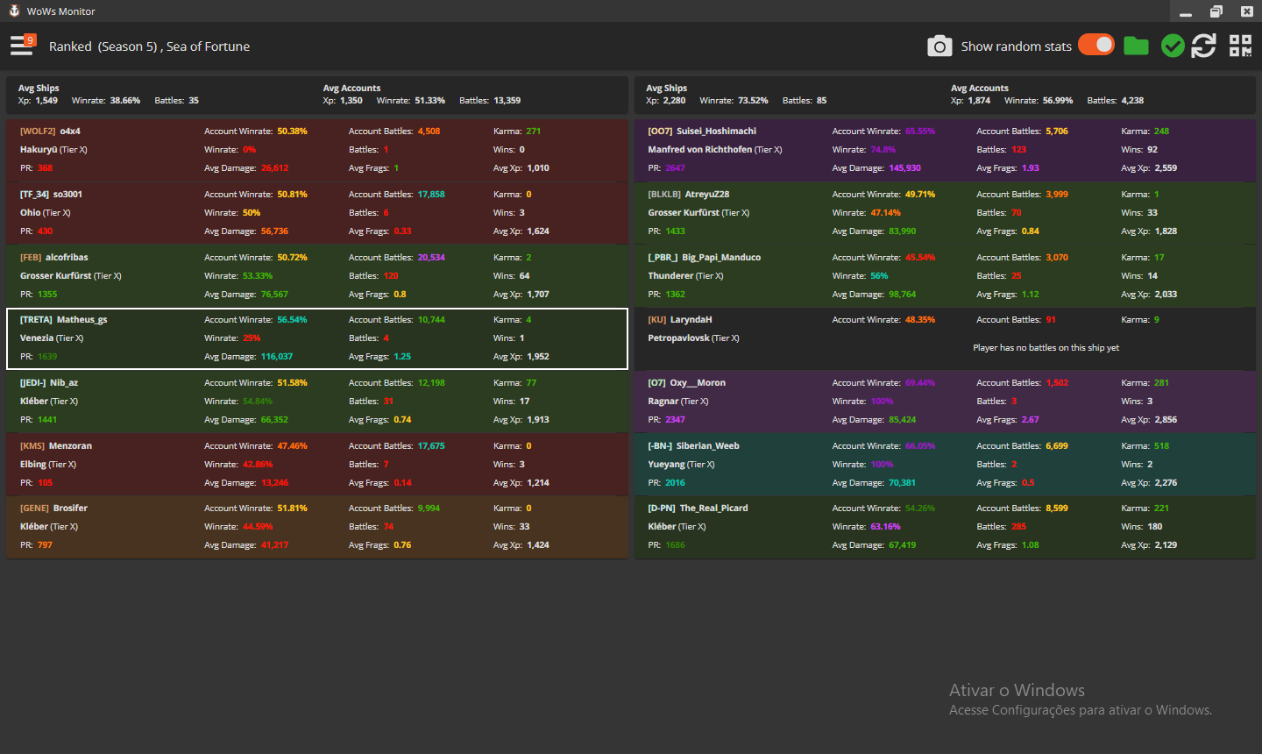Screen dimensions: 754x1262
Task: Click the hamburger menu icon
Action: tap(22, 46)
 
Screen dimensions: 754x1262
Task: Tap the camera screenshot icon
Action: tap(939, 46)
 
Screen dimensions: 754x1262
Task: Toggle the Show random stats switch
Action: tap(1095, 45)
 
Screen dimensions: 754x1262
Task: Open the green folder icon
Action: tap(1136, 46)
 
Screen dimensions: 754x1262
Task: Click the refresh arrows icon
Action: tap(1203, 46)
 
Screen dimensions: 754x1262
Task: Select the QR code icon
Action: tap(1240, 46)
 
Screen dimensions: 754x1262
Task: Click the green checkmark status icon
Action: tap(1173, 46)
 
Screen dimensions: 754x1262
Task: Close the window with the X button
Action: tap(1246, 11)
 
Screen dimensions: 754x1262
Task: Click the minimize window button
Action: tap(1186, 11)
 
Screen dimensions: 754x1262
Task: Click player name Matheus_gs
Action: tap(82, 320)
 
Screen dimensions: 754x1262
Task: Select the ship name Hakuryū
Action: tap(39, 150)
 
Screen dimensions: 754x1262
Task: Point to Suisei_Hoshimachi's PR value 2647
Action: tap(675, 168)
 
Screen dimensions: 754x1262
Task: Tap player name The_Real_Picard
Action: tap(713, 509)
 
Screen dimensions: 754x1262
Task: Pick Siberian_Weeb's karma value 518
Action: tap(1161, 446)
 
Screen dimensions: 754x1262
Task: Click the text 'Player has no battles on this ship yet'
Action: tap(1046, 348)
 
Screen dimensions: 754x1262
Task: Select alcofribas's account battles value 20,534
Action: tap(431, 258)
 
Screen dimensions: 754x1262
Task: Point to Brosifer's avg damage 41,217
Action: tap(274, 545)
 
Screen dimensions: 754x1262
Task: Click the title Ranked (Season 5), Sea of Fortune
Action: tap(149, 46)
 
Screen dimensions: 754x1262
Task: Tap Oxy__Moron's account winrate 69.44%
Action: tap(919, 383)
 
